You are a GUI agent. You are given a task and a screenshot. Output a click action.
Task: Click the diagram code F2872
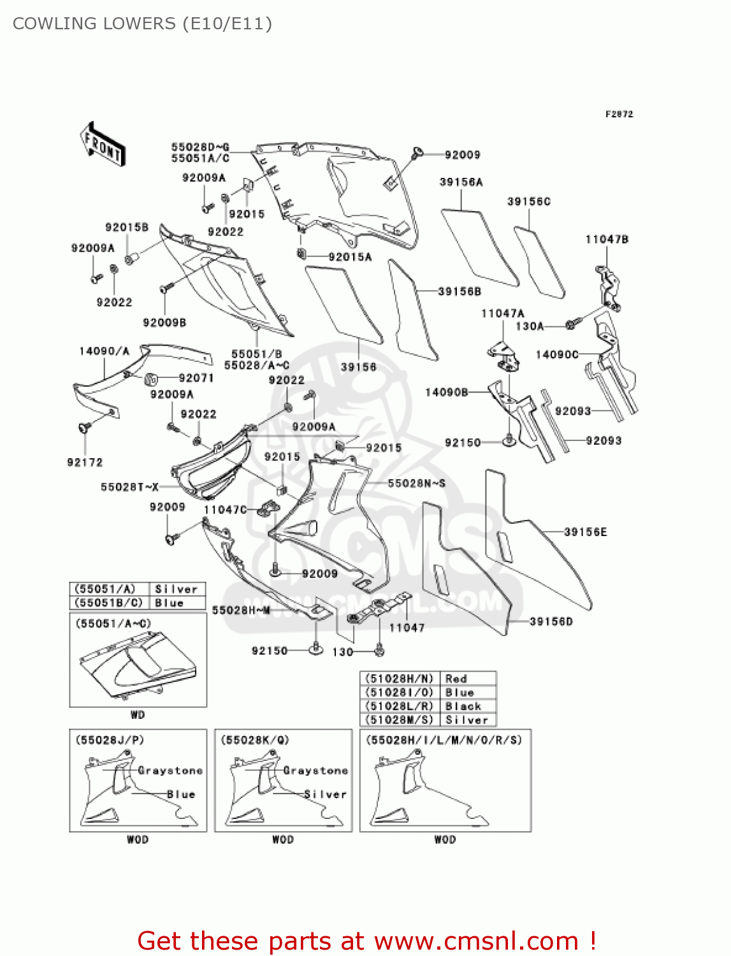click(619, 114)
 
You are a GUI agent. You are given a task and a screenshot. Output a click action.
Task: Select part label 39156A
click(461, 182)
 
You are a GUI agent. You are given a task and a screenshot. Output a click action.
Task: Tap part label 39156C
click(528, 201)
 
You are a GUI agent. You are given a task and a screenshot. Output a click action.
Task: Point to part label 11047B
click(607, 240)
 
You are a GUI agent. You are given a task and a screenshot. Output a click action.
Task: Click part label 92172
click(85, 462)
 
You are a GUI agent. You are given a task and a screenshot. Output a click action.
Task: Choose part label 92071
click(196, 378)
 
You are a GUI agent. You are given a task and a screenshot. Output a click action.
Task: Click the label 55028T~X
click(129, 487)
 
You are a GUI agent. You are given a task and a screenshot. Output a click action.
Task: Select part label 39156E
click(585, 532)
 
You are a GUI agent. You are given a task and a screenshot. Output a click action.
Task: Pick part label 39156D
click(551, 621)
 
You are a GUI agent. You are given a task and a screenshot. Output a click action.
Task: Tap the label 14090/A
click(104, 351)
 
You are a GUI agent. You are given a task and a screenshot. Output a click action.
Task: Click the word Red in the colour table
click(456, 679)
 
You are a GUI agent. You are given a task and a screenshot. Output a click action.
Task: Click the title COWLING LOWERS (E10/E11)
click(142, 24)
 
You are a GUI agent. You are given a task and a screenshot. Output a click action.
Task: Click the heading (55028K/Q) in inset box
click(255, 740)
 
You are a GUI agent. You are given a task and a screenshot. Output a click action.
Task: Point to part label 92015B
click(126, 228)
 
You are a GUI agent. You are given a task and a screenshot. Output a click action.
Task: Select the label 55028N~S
click(416, 483)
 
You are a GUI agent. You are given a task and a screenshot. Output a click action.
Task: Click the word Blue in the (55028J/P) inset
click(181, 794)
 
